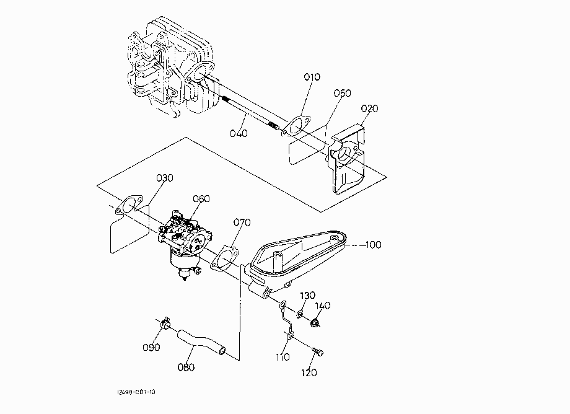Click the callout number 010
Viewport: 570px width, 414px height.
coord(312,77)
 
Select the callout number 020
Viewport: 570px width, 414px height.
coord(369,108)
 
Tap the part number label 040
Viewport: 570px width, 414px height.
coord(239,133)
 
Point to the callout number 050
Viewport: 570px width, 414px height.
coord(343,93)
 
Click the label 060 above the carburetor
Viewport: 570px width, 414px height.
coord(201,199)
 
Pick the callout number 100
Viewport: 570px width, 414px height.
coord(373,245)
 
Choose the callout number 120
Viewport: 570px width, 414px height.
coord(309,372)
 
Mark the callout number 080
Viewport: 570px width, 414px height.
coord(186,368)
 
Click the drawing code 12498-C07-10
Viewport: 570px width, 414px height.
coord(136,392)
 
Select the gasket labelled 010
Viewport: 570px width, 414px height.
coord(296,126)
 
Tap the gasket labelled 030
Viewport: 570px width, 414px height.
coord(129,205)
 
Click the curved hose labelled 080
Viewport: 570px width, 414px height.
coord(201,341)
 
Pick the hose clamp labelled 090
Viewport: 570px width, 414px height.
coord(165,322)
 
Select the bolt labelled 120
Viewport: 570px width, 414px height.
coord(318,351)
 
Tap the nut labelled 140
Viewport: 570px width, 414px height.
coord(315,322)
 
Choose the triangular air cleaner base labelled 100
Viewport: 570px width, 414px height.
coord(295,262)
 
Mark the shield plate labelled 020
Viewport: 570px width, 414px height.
coord(346,159)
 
